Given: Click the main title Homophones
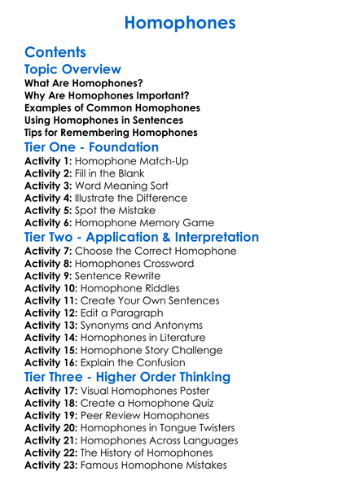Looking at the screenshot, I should click(180, 21).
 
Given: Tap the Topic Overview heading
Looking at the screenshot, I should click(72, 69).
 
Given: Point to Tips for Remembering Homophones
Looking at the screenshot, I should click(111, 133).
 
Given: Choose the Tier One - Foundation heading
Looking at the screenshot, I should click(91, 147).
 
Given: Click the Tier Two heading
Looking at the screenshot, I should click(142, 238).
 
